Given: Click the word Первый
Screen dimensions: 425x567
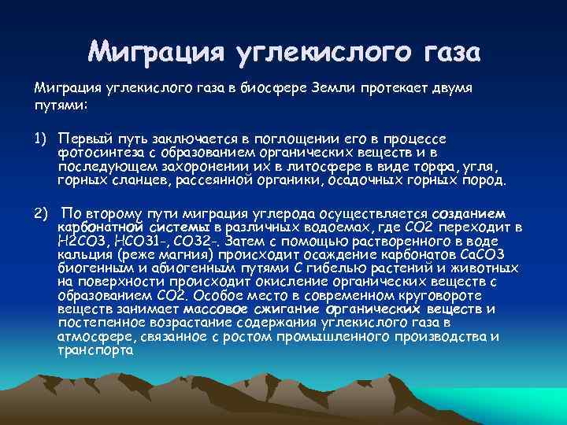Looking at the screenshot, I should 82,138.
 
